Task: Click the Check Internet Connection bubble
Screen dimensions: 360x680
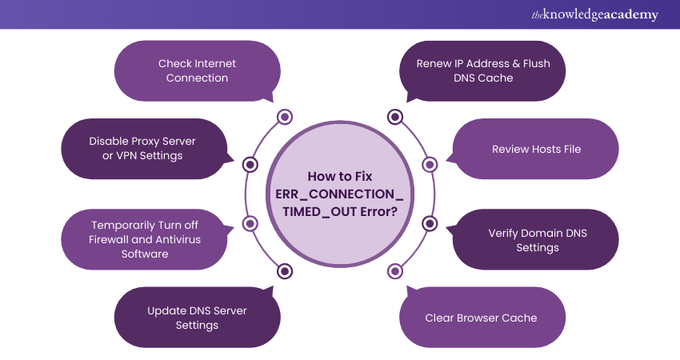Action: pyautogui.click(x=197, y=70)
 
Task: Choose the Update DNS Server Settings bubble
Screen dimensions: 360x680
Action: pyautogui.click(x=197, y=318)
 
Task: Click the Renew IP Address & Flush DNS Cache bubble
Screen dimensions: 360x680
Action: pyautogui.click(x=483, y=70)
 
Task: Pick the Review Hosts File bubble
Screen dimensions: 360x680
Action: pyautogui.click(x=536, y=149)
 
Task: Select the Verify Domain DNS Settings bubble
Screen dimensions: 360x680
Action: pyautogui.click(x=536, y=240)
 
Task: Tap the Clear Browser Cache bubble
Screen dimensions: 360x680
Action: pyautogui.click(x=482, y=318)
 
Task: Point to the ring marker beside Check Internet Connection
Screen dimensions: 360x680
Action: pyautogui.click(x=284, y=118)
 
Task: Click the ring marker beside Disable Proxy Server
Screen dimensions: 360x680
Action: pyautogui.click(x=250, y=165)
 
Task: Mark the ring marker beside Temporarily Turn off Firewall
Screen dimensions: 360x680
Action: pyautogui.click(x=250, y=223)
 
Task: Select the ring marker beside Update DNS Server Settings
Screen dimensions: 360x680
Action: pyautogui.click(x=284, y=271)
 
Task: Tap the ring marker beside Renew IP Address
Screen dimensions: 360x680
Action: pyautogui.click(x=394, y=118)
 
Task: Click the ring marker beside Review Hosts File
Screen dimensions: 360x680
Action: pyautogui.click(x=430, y=165)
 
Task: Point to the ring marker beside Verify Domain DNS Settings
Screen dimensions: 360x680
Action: pyautogui.click(x=430, y=223)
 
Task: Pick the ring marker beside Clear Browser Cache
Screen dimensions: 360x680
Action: pyautogui.click(x=394, y=271)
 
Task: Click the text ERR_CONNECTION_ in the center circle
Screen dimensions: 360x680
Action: pyautogui.click(x=339, y=194)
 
